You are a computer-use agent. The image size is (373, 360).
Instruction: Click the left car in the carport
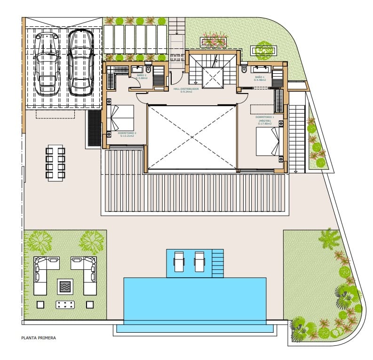[47, 63]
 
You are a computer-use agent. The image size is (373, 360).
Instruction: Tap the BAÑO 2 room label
[142, 77]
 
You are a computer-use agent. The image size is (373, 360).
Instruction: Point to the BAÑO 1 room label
[260, 78]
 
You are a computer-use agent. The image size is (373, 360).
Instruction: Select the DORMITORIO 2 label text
[127, 134]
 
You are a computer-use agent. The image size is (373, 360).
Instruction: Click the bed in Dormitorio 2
[121, 117]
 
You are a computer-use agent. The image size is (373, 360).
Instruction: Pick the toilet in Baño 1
[244, 70]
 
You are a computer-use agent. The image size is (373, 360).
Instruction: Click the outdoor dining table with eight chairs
[56, 163]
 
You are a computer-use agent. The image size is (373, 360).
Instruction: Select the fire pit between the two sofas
[65, 285]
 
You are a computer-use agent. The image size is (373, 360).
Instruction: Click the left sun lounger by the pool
[179, 261]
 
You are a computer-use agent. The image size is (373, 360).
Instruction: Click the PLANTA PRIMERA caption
[39, 337]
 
